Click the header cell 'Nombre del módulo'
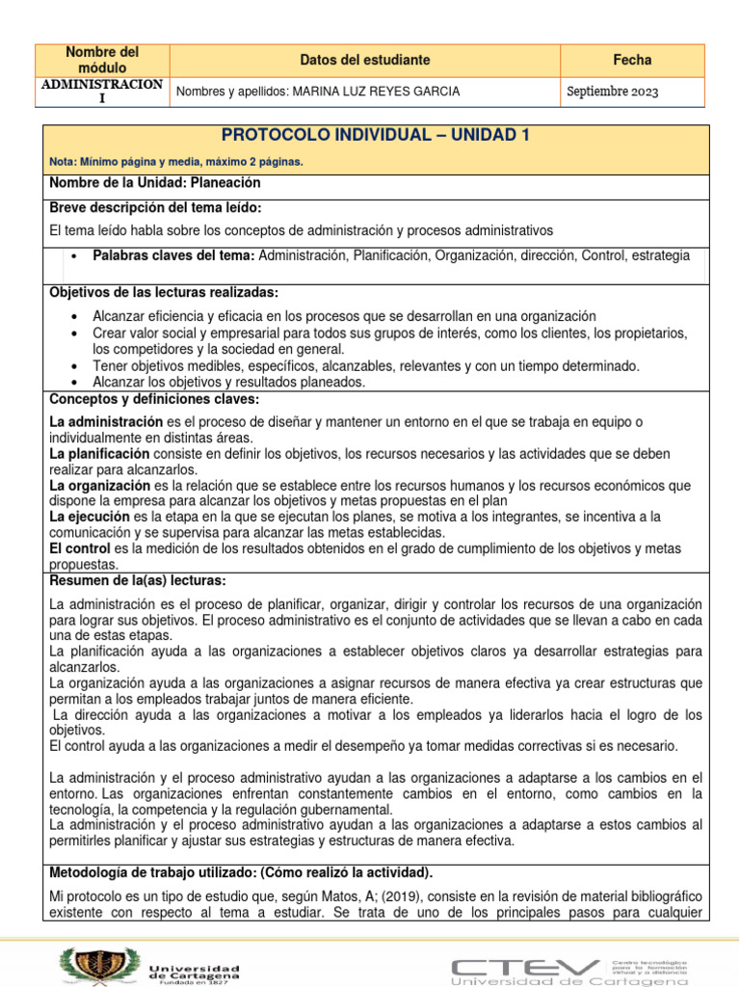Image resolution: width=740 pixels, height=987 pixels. coord(101,60)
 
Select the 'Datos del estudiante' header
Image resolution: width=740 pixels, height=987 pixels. coord(364,60)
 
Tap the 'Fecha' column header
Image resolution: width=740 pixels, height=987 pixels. coord(632,60)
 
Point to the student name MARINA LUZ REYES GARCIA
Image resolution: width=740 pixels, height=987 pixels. coord(375,92)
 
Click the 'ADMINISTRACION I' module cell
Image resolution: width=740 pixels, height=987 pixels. coord(101,92)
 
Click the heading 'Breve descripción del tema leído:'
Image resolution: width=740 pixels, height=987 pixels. coord(155,207)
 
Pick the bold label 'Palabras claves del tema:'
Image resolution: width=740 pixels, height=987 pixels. coord(173,255)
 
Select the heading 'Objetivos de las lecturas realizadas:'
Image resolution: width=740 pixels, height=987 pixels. coord(163,292)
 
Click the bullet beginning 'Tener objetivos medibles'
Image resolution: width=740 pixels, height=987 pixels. coord(366,365)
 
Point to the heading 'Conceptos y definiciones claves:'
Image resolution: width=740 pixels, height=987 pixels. coord(153,399)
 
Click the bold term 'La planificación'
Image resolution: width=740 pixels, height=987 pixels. coord(99,453)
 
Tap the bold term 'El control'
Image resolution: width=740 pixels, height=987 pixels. coord(81,547)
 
